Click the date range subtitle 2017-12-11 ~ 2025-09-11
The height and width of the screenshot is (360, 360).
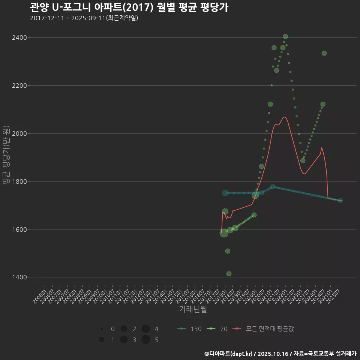[x=84, y=18]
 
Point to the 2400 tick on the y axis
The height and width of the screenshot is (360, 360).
[x=18, y=37]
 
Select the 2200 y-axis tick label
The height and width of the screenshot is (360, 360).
[x=18, y=85]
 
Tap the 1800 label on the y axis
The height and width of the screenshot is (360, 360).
[x=18, y=181]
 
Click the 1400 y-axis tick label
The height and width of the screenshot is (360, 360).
[x=18, y=277]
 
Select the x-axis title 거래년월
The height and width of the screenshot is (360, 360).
[x=193, y=309]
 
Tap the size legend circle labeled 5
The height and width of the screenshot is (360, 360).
[x=146, y=340]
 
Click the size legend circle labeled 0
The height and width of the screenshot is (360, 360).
[x=102, y=329]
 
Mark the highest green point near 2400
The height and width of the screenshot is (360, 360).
[x=285, y=36]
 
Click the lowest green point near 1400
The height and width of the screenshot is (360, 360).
[x=229, y=274]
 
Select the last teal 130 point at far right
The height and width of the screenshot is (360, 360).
[x=340, y=201]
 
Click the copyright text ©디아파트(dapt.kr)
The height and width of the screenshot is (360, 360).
[x=229, y=354]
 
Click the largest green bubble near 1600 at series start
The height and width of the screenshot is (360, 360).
[x=224, y=233]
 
